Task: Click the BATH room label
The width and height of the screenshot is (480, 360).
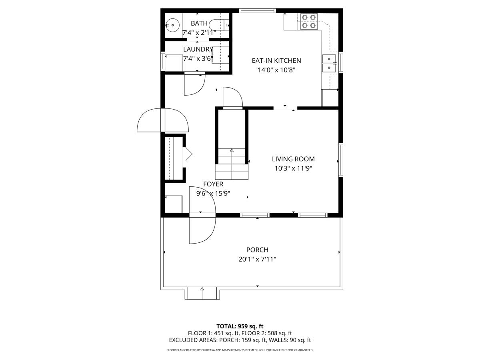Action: point(199,23)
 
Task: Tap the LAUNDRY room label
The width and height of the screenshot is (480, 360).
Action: point(198,49)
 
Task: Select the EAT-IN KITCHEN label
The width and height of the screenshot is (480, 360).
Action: point(276,61)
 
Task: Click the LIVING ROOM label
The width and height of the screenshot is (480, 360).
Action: point(293,159)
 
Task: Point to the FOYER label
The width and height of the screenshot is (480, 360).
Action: point(213,184)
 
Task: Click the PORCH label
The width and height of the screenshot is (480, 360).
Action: point(257,250)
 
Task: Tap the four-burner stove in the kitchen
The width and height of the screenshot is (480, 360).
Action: point(309,21)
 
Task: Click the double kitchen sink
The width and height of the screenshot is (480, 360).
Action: point(329,64)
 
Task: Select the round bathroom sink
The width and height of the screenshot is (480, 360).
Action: point(172,25)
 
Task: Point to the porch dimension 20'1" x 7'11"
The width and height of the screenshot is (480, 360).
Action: point(257,259)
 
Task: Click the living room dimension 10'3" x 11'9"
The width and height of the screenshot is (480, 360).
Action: point(293,168)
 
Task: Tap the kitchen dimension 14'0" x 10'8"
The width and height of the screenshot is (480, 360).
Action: point(276,70)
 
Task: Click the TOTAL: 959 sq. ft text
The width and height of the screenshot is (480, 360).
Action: point(240,326)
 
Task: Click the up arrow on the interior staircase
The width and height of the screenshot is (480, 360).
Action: point(232,151)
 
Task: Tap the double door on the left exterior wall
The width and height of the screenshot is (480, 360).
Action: point(162,120)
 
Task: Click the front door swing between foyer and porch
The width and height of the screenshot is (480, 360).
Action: point(203,216)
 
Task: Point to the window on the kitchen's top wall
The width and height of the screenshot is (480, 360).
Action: point(257,10)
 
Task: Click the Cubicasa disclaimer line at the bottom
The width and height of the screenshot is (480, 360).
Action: point(240,350)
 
